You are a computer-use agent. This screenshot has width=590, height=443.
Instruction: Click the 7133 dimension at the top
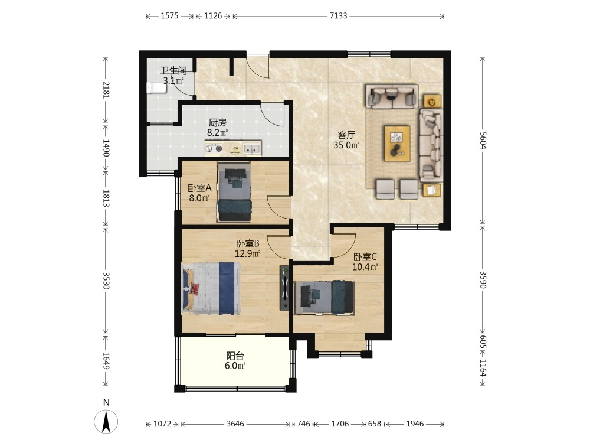tap(338, 16)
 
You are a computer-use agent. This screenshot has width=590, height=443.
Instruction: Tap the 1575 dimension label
tap(169, 16)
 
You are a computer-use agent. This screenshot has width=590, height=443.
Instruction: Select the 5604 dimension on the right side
tap(483, 141)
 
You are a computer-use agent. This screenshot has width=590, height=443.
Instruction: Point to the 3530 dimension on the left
tap(106, 281)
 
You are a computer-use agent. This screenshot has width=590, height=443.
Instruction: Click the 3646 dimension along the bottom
tap(235, 424)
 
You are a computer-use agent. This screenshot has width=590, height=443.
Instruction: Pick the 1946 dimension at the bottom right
tap(415, 424)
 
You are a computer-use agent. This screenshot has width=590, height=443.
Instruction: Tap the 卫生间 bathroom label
tap(173, 70)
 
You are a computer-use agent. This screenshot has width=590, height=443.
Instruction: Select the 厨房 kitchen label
tap(218, 122)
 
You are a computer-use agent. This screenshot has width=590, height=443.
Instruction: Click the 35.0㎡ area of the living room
tap(346, 145)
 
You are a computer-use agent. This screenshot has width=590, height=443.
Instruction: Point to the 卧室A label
tap(199, 188)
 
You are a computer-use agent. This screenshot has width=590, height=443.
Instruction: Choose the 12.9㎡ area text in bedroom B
tap(248, 253)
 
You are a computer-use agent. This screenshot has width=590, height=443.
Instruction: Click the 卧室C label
tap(365, 257)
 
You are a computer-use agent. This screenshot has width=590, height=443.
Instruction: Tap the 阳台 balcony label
tap(235, 355)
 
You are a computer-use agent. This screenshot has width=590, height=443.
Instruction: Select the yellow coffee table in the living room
tap(397, 144)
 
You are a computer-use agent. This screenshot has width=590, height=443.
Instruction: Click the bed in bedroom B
tap(211, 288)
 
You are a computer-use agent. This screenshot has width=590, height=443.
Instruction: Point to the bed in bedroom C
tap(324, 298)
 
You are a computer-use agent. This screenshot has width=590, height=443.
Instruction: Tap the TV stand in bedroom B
tap(284, 288)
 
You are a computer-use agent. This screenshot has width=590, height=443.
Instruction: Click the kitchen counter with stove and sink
tap(232, 148)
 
